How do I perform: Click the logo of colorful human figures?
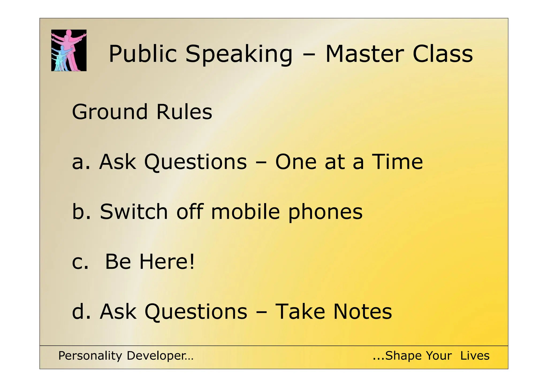(x=69, y=50)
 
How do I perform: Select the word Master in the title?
(x=364, y=54)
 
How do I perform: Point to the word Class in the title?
(x=443, y=54)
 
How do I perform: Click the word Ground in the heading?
(x=110, y=112)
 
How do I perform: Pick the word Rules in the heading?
(x=184, y=111)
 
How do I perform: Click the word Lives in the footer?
(x=475, y=356)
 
